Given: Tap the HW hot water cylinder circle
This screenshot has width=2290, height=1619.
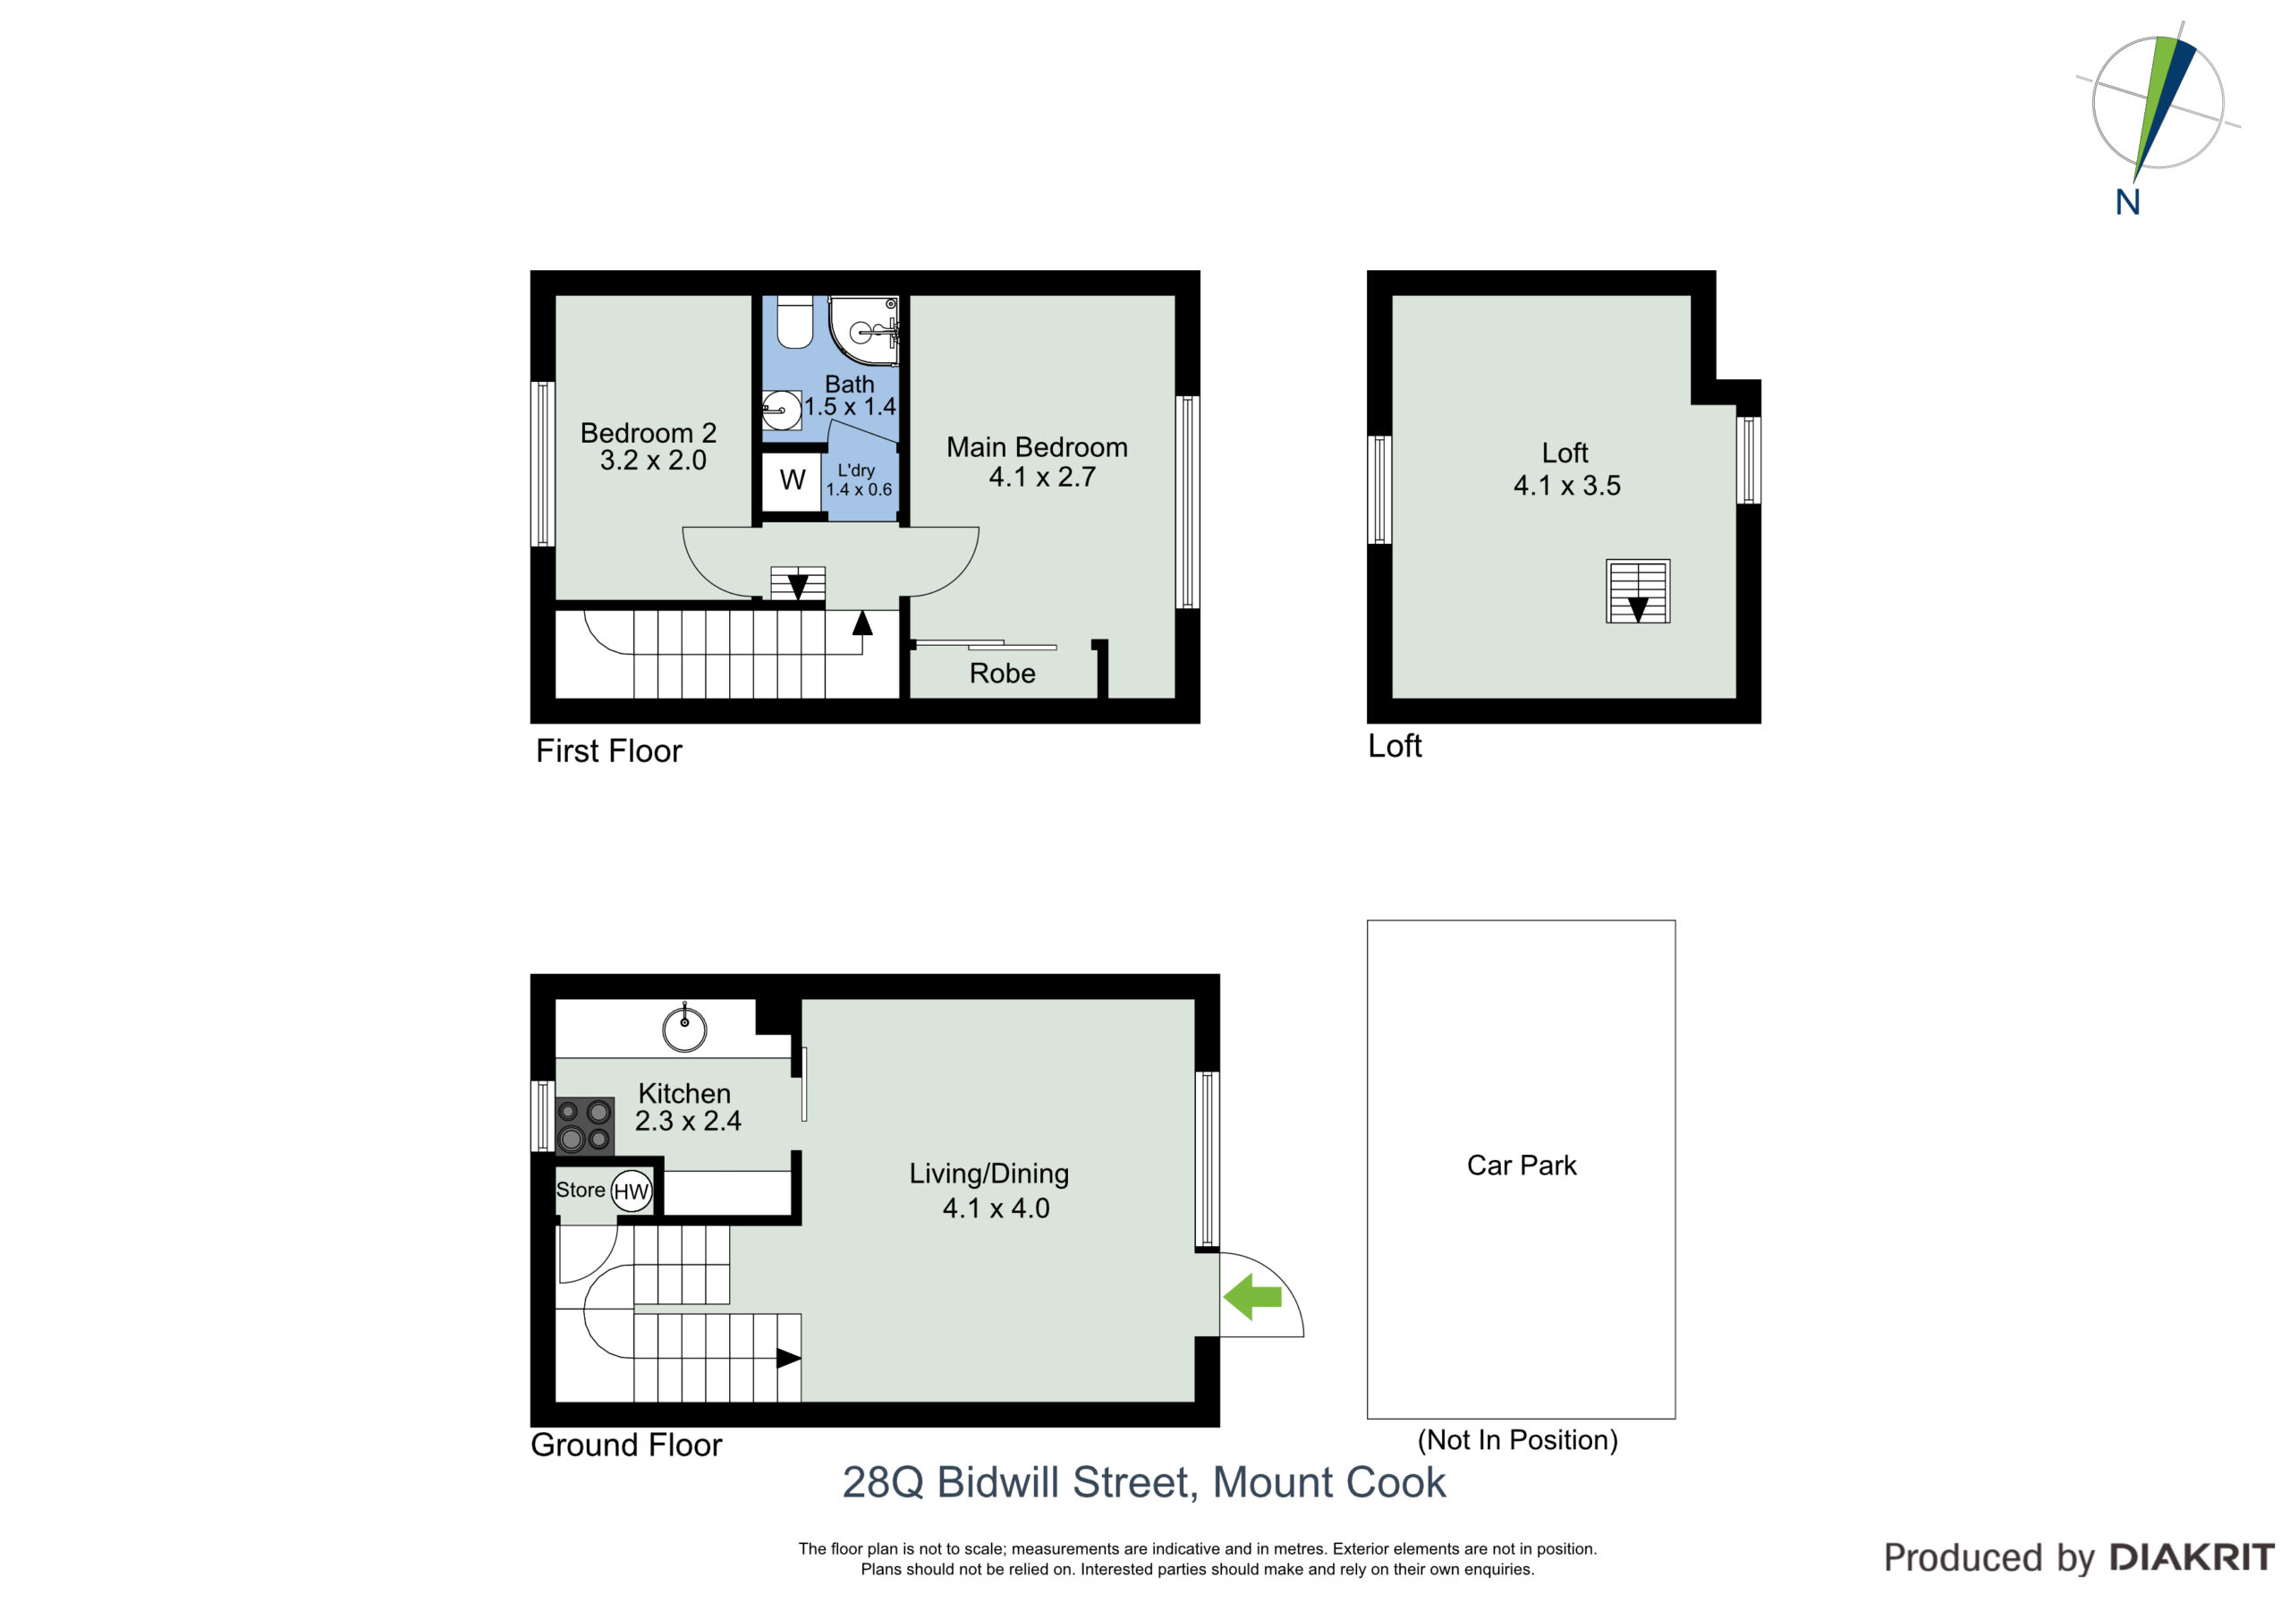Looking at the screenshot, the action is pyautogui.click(x=631, y=1191).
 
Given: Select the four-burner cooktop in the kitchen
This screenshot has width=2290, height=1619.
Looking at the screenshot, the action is pyautogui.click(x=584, y=1125).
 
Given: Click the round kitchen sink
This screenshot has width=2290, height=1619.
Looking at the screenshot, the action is pyautogui.click(x=685, y=1029).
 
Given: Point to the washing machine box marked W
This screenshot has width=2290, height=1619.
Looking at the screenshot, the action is pyautogui.click(x=793, y=481).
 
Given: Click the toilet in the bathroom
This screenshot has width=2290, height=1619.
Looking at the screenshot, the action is pyautogui.click(x=795, y=321).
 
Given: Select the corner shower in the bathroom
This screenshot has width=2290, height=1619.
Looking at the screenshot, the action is pyautogui.click(x=864, y=329).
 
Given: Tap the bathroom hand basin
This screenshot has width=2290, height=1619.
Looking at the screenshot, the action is pyautogui.click(x=781, y=410).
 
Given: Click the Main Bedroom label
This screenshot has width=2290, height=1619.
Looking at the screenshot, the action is pyautogui.click(x=1038, y=447).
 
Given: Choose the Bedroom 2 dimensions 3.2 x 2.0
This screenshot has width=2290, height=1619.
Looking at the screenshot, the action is pyautogui.click(x=653, y=460).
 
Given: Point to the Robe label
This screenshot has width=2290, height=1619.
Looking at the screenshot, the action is pyautogui.click(x=1003, y=674).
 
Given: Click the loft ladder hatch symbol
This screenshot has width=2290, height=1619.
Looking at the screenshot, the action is pyautogui.click(x=1638, y=591).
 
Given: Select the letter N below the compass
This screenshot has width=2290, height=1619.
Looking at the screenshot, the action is pyautogui.click(x=2127, y=202).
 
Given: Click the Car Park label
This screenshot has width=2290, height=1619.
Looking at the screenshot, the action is pyautogui.click(x=1522, y=1166).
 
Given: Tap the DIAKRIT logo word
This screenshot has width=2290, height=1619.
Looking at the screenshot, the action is pyautogui.click(x=2192, y=1557).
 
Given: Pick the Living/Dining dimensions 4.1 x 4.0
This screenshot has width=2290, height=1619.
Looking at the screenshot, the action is pyautogui.click(x=997, y=1208).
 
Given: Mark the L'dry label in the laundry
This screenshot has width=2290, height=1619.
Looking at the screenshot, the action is pyautogui.click(x=857, y=470).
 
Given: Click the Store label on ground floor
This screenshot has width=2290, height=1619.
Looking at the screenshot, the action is pyautogui.click(x=581, y=1190).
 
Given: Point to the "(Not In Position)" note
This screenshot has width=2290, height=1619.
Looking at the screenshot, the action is pyautogui.click(x=1518, y=1440).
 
